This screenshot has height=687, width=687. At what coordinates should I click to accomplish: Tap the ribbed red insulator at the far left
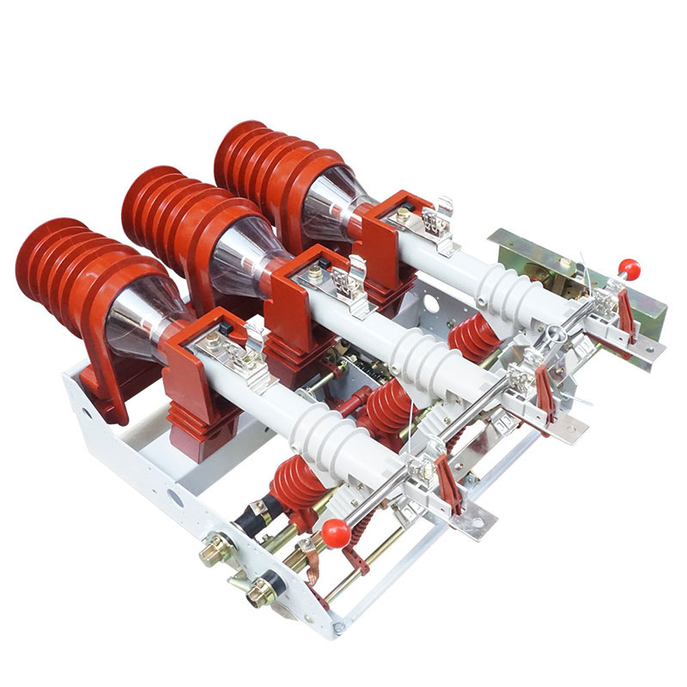point(64,258)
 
